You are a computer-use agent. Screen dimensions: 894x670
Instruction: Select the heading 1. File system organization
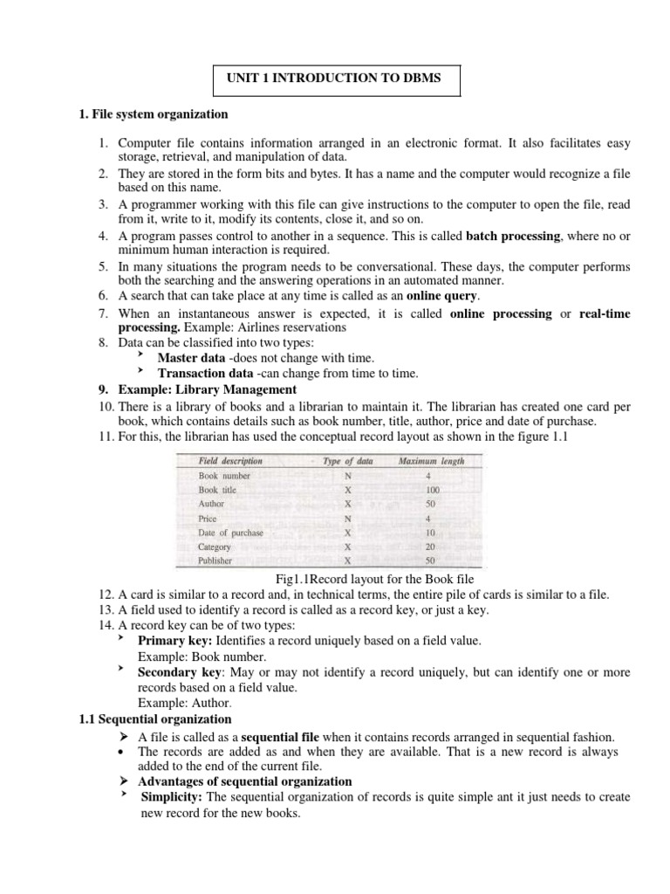coord(154,114)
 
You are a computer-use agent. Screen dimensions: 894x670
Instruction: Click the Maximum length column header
coord(431,461)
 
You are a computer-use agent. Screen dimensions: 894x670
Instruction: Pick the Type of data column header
coord(348,461)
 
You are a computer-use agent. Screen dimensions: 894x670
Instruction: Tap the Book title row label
coord(217,490)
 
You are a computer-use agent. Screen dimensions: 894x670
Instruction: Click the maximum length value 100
coord(433,490)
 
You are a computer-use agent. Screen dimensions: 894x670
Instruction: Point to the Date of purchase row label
coord(230,533)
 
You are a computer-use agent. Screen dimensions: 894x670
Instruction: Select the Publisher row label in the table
coord(215,560)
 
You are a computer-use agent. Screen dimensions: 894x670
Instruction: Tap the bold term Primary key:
coord(171,641)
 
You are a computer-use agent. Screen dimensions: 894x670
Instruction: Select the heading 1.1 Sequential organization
coord(154,719)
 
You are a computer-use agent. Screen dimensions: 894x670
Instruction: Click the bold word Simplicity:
coord(172,797)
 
